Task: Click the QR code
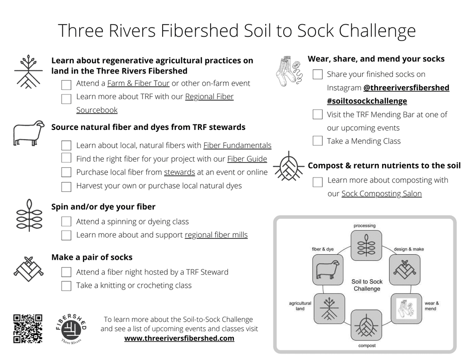coord(28,328)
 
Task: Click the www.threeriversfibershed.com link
coord(179,339)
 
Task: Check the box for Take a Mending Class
coord(317,141)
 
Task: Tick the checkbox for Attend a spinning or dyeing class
coord(66,222)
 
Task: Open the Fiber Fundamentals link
coord(237,146)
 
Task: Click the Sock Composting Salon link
coord(381,194)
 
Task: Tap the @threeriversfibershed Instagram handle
coord(406,88)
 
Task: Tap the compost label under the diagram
coord(367,346)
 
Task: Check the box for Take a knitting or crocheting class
coord(66,285)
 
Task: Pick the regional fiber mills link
coord(216,235)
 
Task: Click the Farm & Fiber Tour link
coord(138,84)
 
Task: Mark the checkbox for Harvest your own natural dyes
coord(66,186)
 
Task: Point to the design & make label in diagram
coord(409,249)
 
